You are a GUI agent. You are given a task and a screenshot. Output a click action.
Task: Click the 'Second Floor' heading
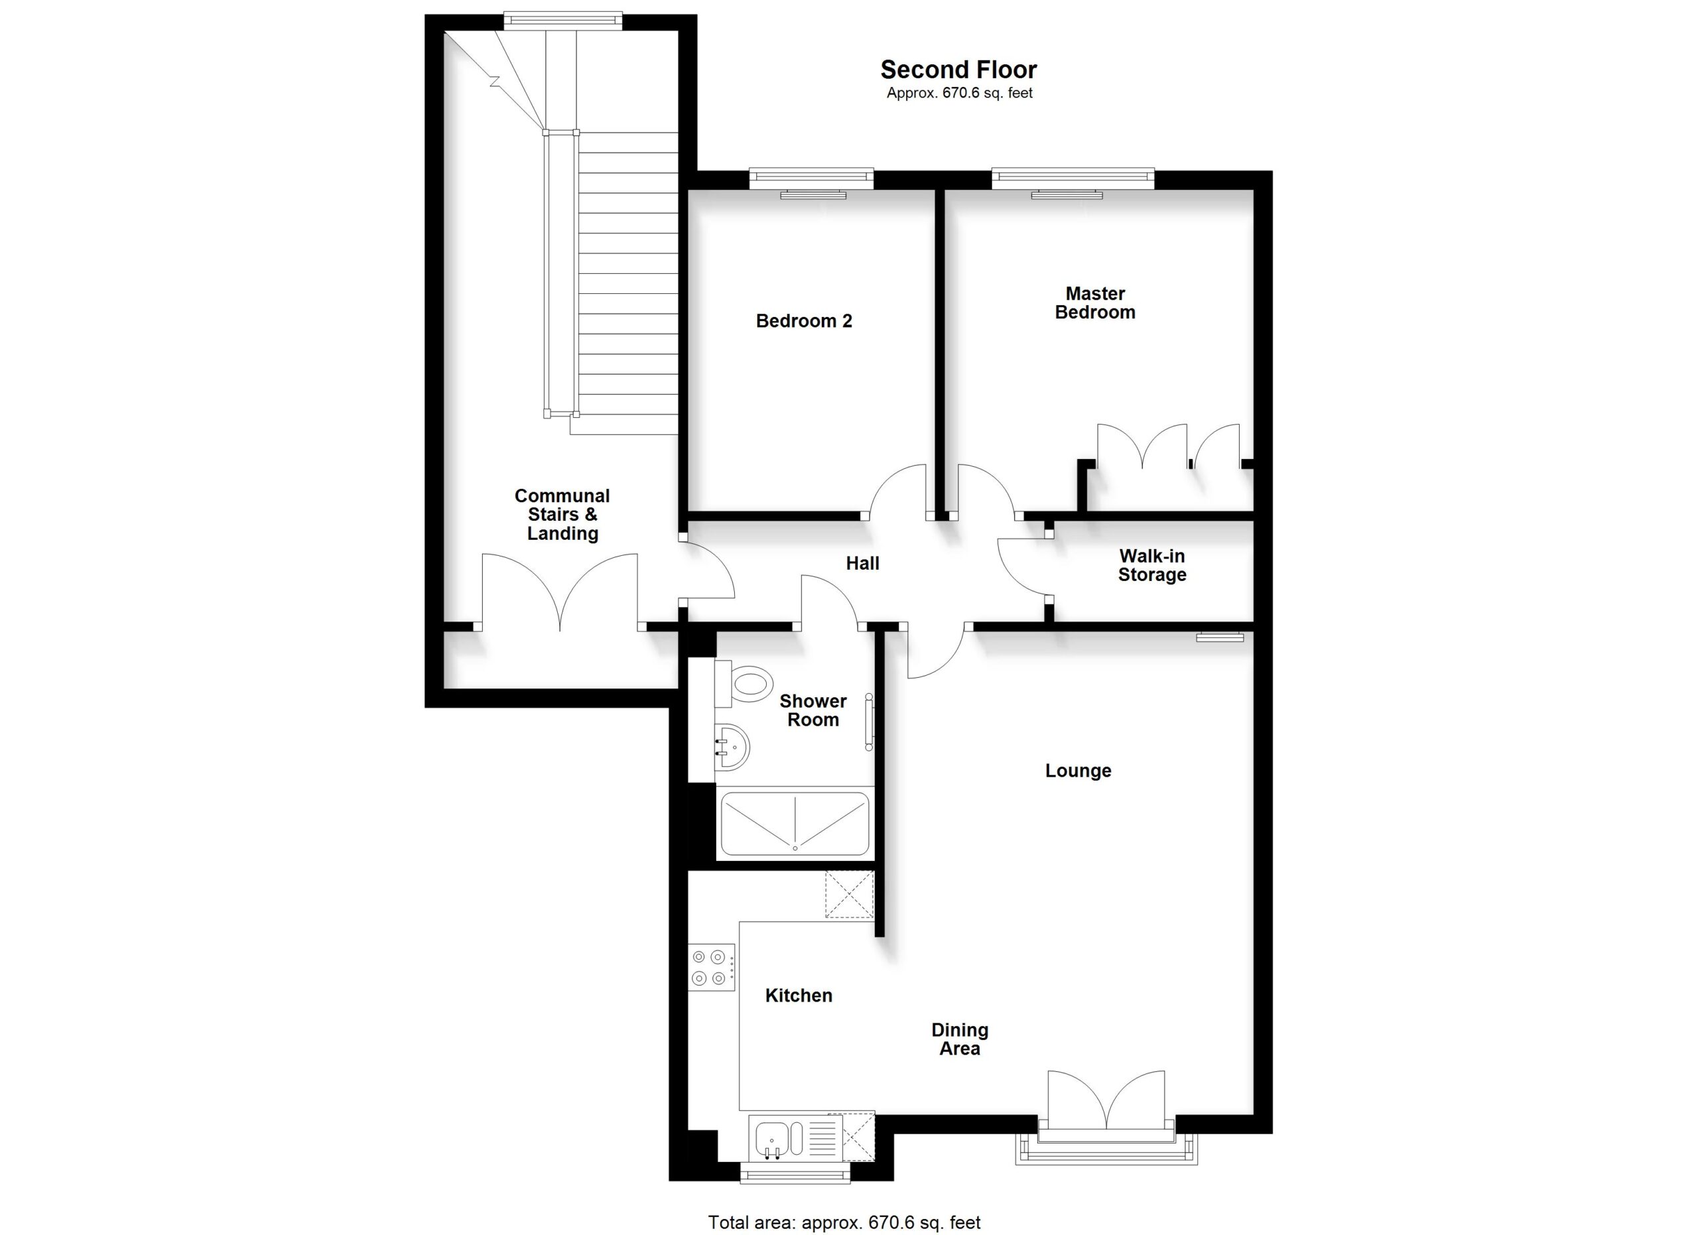point(958,70)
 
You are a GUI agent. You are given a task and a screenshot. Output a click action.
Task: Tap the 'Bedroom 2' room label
point(804,321)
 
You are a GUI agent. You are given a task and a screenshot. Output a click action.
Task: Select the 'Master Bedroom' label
point(1094,303)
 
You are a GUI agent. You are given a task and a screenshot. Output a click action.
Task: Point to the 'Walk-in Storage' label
point(1152,566)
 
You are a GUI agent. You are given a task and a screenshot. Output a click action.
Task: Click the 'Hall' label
point(862,564)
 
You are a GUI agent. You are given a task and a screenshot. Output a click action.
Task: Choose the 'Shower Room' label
point(813,711)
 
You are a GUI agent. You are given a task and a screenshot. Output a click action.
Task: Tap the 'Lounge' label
point(1078,771)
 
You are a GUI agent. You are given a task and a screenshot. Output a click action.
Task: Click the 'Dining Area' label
point(960,1039)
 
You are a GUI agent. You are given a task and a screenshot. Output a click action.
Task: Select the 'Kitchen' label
point(799,996)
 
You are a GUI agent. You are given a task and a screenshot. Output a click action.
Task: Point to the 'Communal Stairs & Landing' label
point(562,515)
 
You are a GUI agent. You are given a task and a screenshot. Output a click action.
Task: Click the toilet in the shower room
point(744,683)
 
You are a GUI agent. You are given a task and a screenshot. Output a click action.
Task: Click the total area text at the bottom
point(844,1222)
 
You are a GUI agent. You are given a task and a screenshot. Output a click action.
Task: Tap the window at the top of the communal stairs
point(562,20)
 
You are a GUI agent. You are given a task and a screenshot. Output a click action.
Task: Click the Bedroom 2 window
point(812,178)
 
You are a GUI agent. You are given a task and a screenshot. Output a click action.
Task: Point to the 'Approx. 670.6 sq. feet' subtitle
point(960,93)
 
